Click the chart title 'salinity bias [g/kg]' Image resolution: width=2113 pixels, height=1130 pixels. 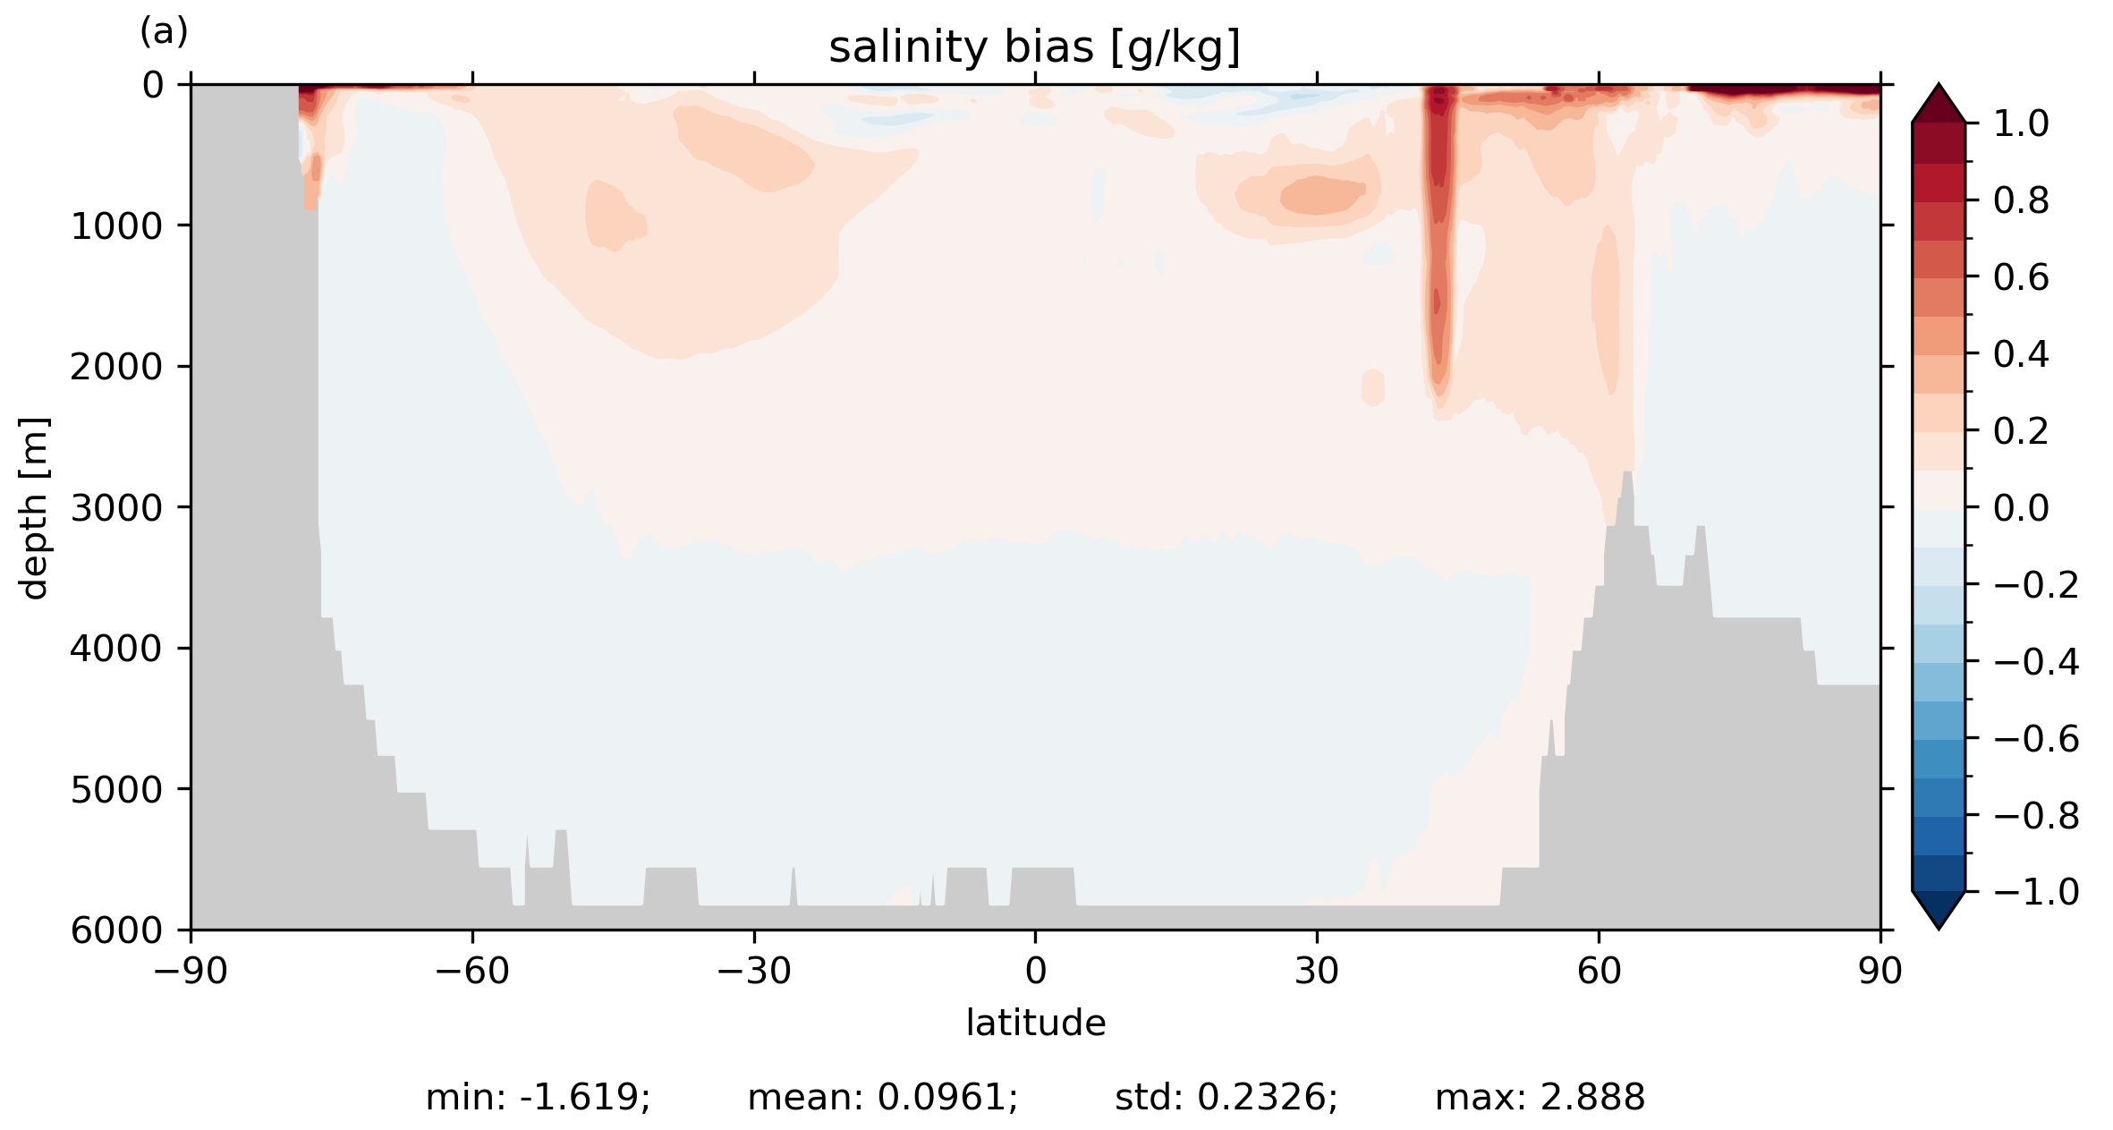coord(1034,47)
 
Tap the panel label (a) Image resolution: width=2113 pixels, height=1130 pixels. coord(164,32)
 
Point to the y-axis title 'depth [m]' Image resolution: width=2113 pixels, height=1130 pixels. coord(34,507)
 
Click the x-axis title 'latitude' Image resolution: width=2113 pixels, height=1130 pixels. coord(1035,1023)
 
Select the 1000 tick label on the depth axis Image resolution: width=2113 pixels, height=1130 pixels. coord(116,226)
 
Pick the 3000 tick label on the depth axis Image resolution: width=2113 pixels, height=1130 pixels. coord(116,508)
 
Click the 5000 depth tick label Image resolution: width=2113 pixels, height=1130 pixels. coord(116,790)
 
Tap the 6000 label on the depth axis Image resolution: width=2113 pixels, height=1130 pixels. coord(116,930)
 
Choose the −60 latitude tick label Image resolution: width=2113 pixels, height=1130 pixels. coord(471,971)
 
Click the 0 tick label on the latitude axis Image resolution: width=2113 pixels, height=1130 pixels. coord(1035,971)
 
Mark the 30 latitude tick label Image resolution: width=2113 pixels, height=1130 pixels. coord(1317,971)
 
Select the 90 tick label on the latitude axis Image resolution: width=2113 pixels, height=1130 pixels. coord(1880,971)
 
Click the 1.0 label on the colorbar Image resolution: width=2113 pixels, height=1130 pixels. coord(2021,123)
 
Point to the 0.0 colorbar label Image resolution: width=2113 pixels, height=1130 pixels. coord(2021,508)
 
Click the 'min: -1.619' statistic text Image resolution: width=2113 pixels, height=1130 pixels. coord(538,1097)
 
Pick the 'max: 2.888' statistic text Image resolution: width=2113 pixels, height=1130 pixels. coord(1540,1097)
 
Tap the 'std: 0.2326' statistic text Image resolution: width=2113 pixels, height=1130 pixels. coord(1226,1097)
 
